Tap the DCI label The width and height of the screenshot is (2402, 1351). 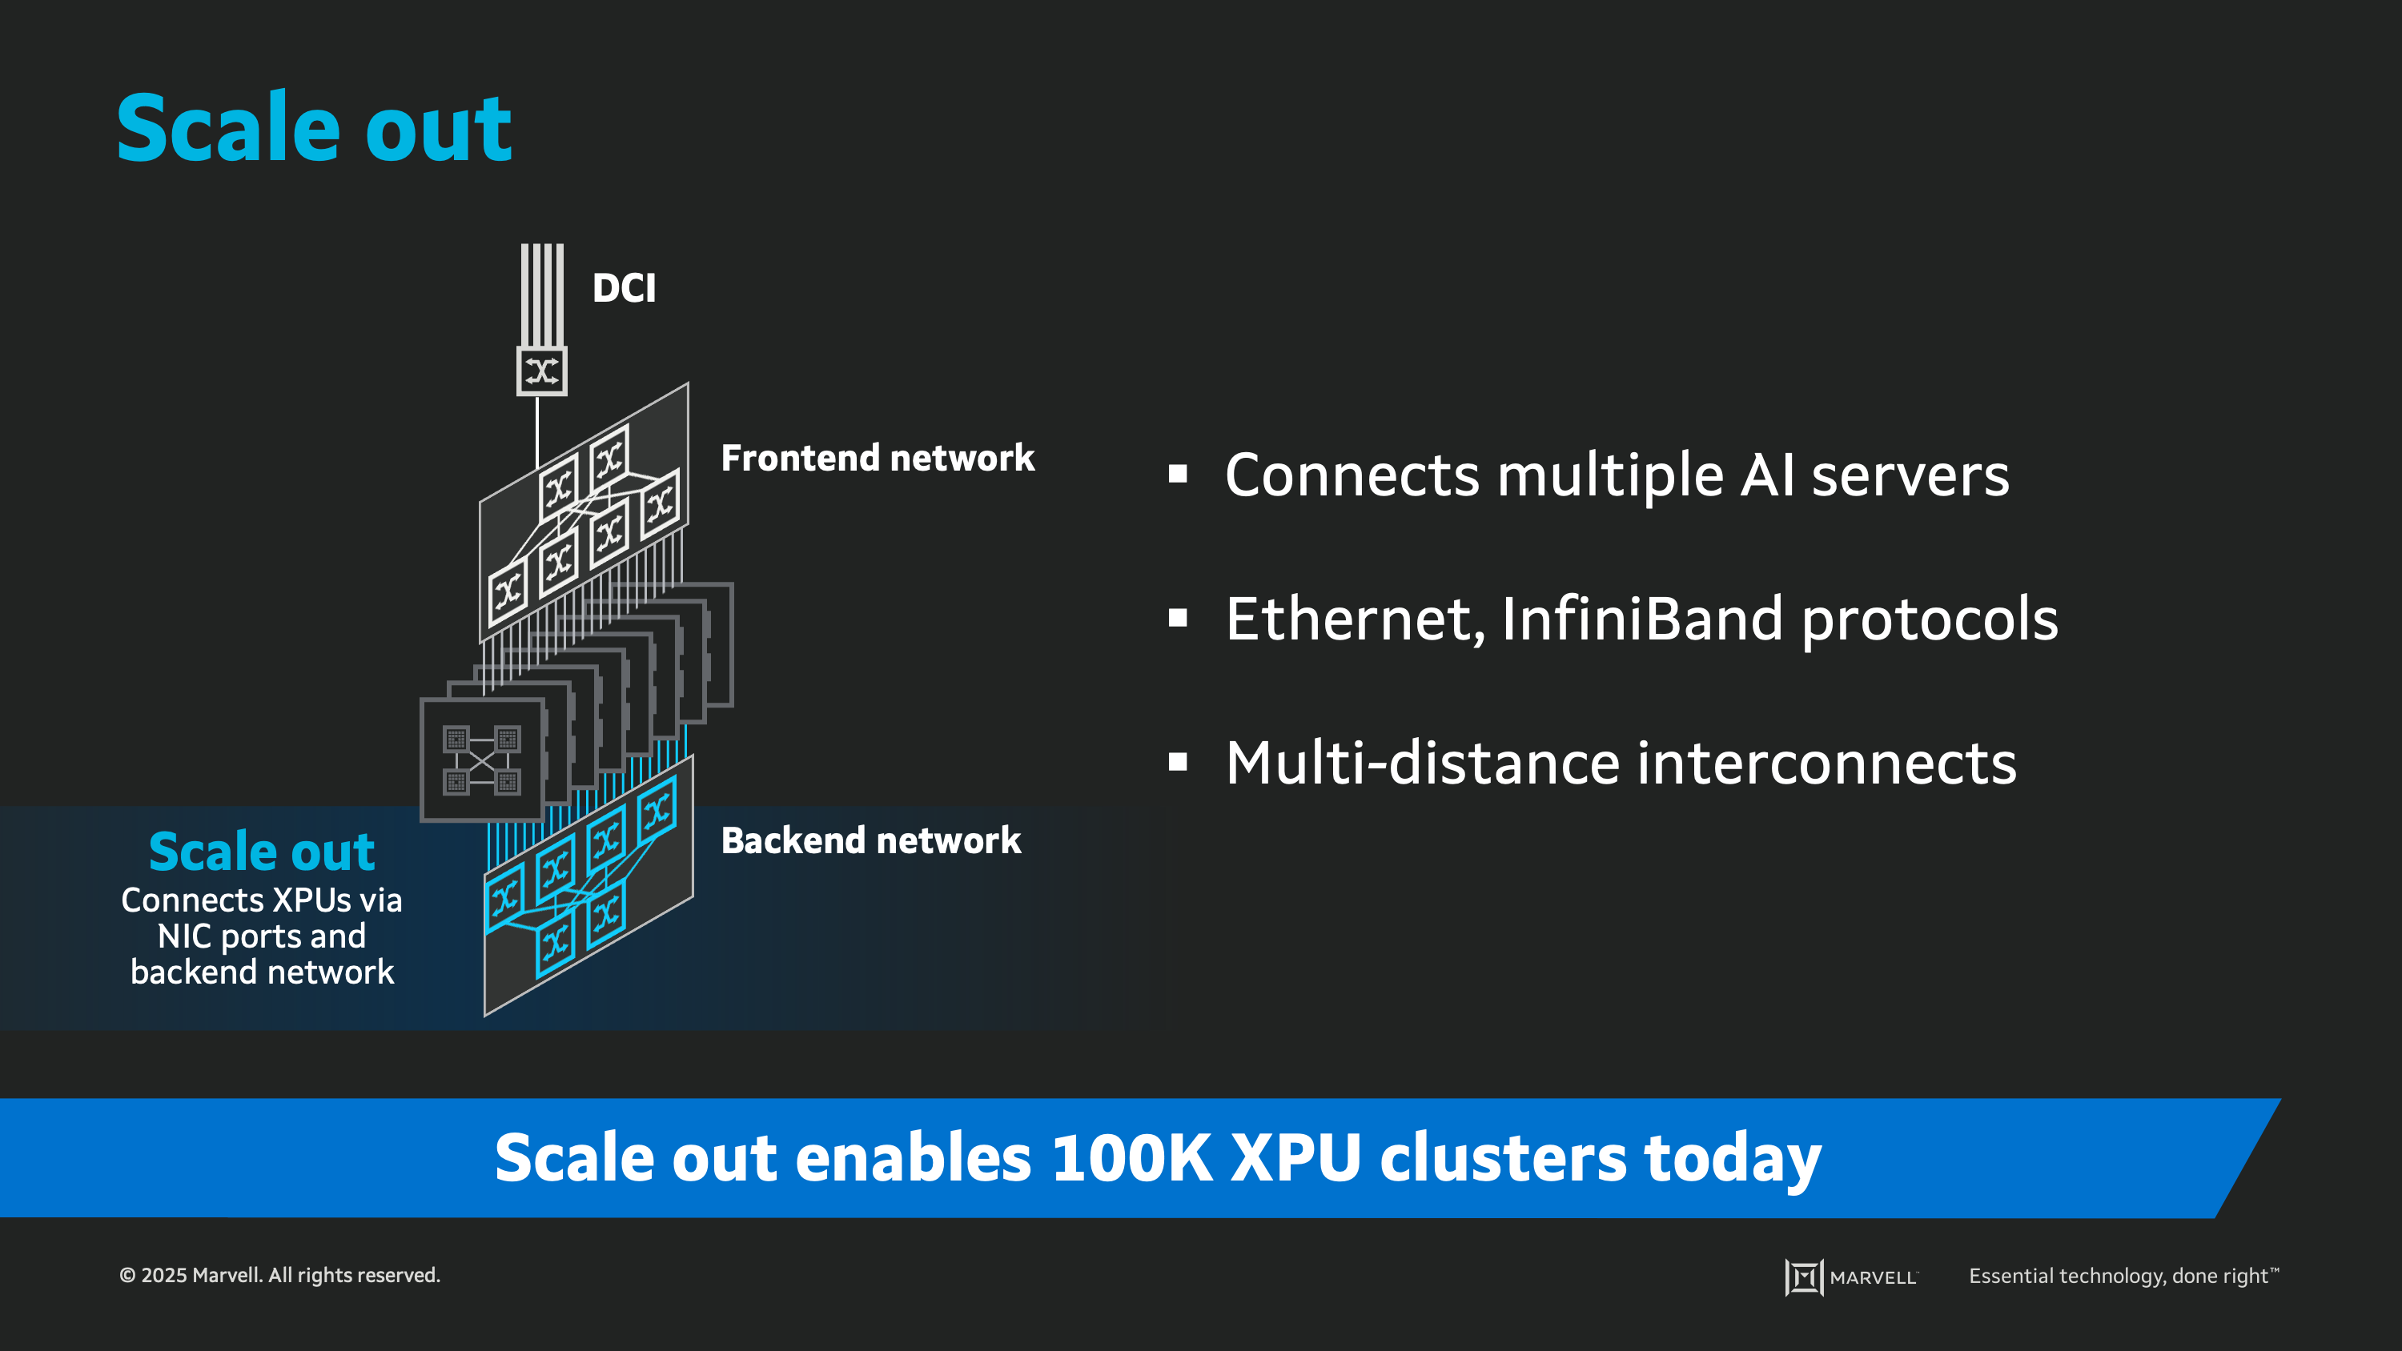[624, 288]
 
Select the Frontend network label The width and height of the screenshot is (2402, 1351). [878, 458]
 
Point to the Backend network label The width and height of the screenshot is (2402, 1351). [871, 840]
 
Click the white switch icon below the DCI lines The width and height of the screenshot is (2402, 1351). [542, 371]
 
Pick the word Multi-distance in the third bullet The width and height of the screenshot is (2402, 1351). [1421, 763]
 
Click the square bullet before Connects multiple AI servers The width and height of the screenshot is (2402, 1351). [1178, 475]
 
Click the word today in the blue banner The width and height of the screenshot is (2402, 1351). [1732, 1157]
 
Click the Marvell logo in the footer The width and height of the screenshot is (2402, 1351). [1851, 1277]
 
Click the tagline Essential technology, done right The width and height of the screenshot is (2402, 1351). [2123, 1276]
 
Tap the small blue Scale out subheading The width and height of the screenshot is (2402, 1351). [262, 852]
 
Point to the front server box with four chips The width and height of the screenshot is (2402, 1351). [482, 760]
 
